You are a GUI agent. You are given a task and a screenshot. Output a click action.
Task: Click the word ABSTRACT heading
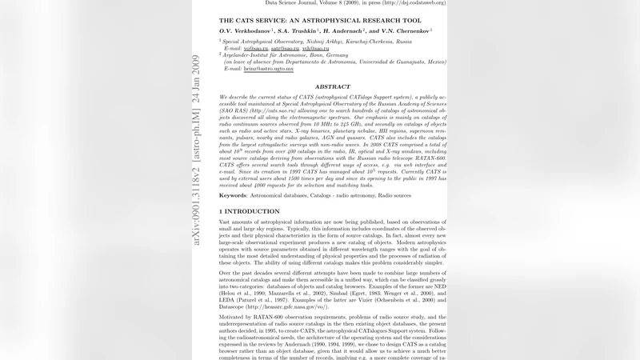(332, 86)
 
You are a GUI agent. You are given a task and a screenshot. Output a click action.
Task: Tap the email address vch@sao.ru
(314, 48)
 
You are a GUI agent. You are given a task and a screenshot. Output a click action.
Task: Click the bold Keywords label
(233, 194)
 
